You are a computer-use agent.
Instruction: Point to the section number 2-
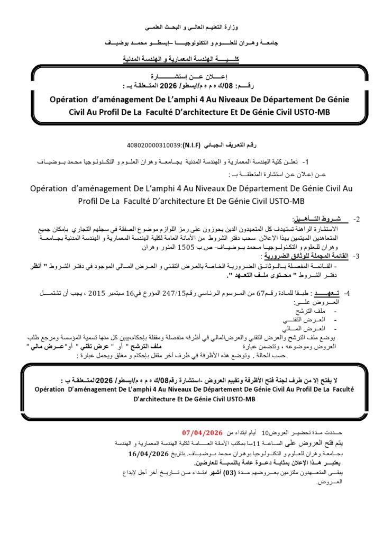pyautogui.click(x=356, y=219)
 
